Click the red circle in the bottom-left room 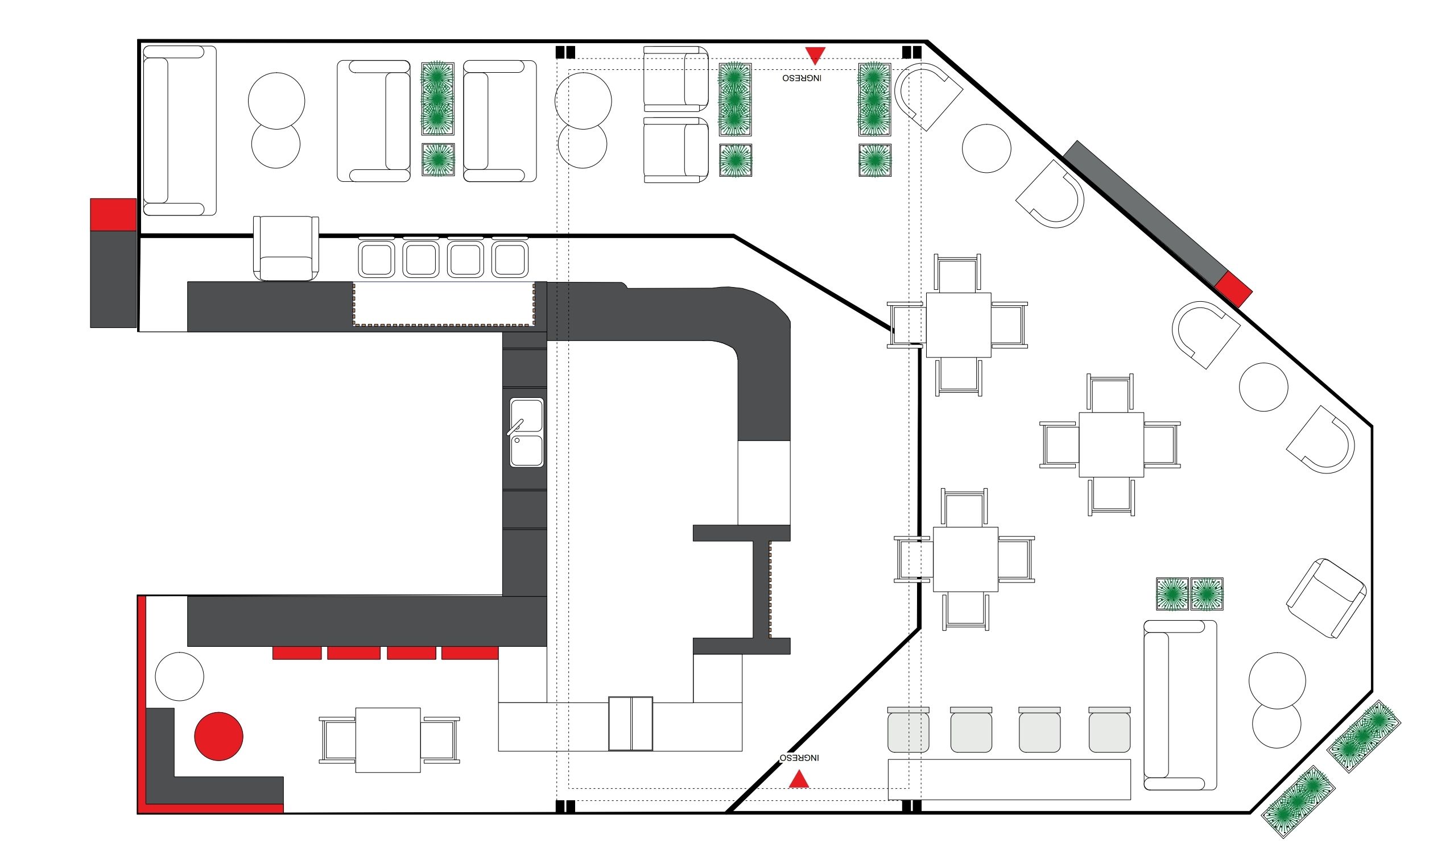click(x=218, y=737)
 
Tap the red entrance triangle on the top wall click(x=815, y=55)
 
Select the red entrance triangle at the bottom click(x=799, y=779)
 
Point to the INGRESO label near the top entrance click(x=802, y=78)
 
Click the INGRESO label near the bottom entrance click(x=799, y=758)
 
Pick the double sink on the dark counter click(x=526, y=433)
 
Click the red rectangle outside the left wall click(x=113, y=215)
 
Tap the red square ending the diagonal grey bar click(x=1233, y=290)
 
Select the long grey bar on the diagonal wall click(x=1145, y=213)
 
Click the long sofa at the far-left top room click(x=179, y=131)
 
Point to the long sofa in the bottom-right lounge click(x=1180, y=706)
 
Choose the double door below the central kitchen click(x=630, y=724)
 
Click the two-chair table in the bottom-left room click(x=389, y=741)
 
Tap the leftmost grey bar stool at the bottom click(x=908, y=730)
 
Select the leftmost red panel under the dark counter click(x=297, y=653)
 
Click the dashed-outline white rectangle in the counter click(x=444, y=305)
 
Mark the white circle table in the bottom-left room click(x=180, y=676)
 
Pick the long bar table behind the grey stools click(x=1009, y=779)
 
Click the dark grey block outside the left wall click(x=113, y=280)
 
